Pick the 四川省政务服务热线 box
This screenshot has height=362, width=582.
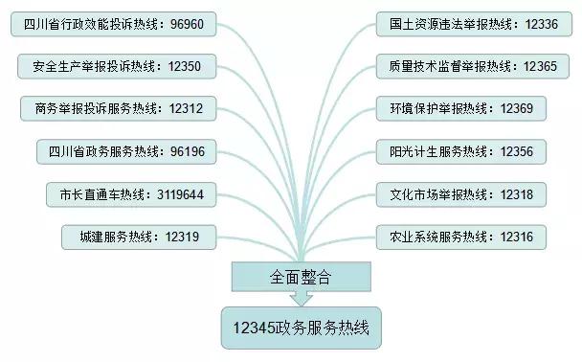[126, 151]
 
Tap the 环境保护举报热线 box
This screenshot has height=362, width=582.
[460, 108]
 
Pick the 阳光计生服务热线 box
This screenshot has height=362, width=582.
[460, 151]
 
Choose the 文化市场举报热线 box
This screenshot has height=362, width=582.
[460, 194]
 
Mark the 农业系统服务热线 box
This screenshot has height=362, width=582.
[460, 236]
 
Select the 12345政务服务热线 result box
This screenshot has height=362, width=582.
[300, 328]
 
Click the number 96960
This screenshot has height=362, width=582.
[195, 24]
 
